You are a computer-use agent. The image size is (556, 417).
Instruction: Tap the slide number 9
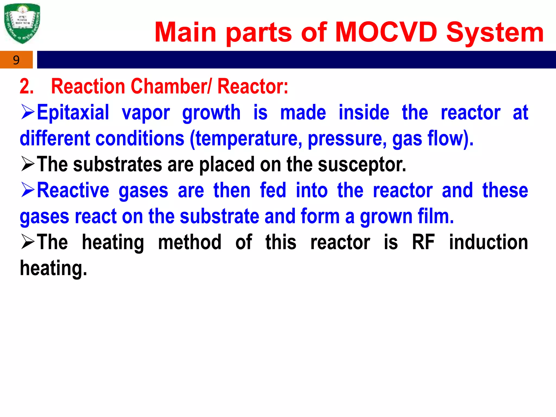click(16, 60)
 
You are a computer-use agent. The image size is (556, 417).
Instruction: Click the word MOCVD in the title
click(386, 33)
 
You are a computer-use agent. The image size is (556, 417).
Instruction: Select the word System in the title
click(495, 33)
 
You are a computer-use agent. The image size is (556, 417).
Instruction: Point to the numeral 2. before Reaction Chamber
click(27, 86)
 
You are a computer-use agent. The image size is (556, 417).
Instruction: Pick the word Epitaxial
click(73, 112)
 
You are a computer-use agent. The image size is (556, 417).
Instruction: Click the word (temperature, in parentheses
click(246, 138)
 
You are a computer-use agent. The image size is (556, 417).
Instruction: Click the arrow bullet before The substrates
click(28, 165)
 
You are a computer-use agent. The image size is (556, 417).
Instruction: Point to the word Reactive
click(73, 190)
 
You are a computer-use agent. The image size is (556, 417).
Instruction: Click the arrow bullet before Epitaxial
click(28, 112)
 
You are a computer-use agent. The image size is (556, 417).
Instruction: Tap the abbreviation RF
click(424, 242)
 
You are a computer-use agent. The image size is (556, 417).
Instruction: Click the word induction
click(488, 242)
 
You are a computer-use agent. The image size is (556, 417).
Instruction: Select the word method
click(190, 242)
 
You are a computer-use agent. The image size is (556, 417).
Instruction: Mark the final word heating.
click(53, 268)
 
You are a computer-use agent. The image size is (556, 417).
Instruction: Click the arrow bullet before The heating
click(28, 242)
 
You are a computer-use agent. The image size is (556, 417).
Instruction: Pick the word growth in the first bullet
click(211, 112)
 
